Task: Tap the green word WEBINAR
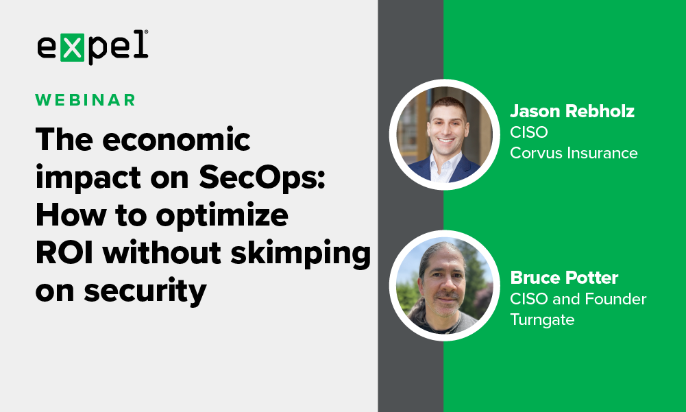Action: pos(85,100)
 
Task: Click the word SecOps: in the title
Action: pos(262,178)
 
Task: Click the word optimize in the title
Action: pos(222,217)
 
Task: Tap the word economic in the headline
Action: pos(176,140)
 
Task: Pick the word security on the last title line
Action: pos(145,291)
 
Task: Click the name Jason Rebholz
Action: pos(572,111)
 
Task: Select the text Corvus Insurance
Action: pos(574,153)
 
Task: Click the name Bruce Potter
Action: pos(564,278)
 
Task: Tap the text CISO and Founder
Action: pos(578,299)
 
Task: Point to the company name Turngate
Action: pos(542,319)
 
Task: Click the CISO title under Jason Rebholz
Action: pos(528,132)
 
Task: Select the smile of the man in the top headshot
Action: pos(446,141)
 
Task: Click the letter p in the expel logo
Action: pos(96,50)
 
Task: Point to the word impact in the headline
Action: pos(88,179)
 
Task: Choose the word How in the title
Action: pos(71,215)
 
